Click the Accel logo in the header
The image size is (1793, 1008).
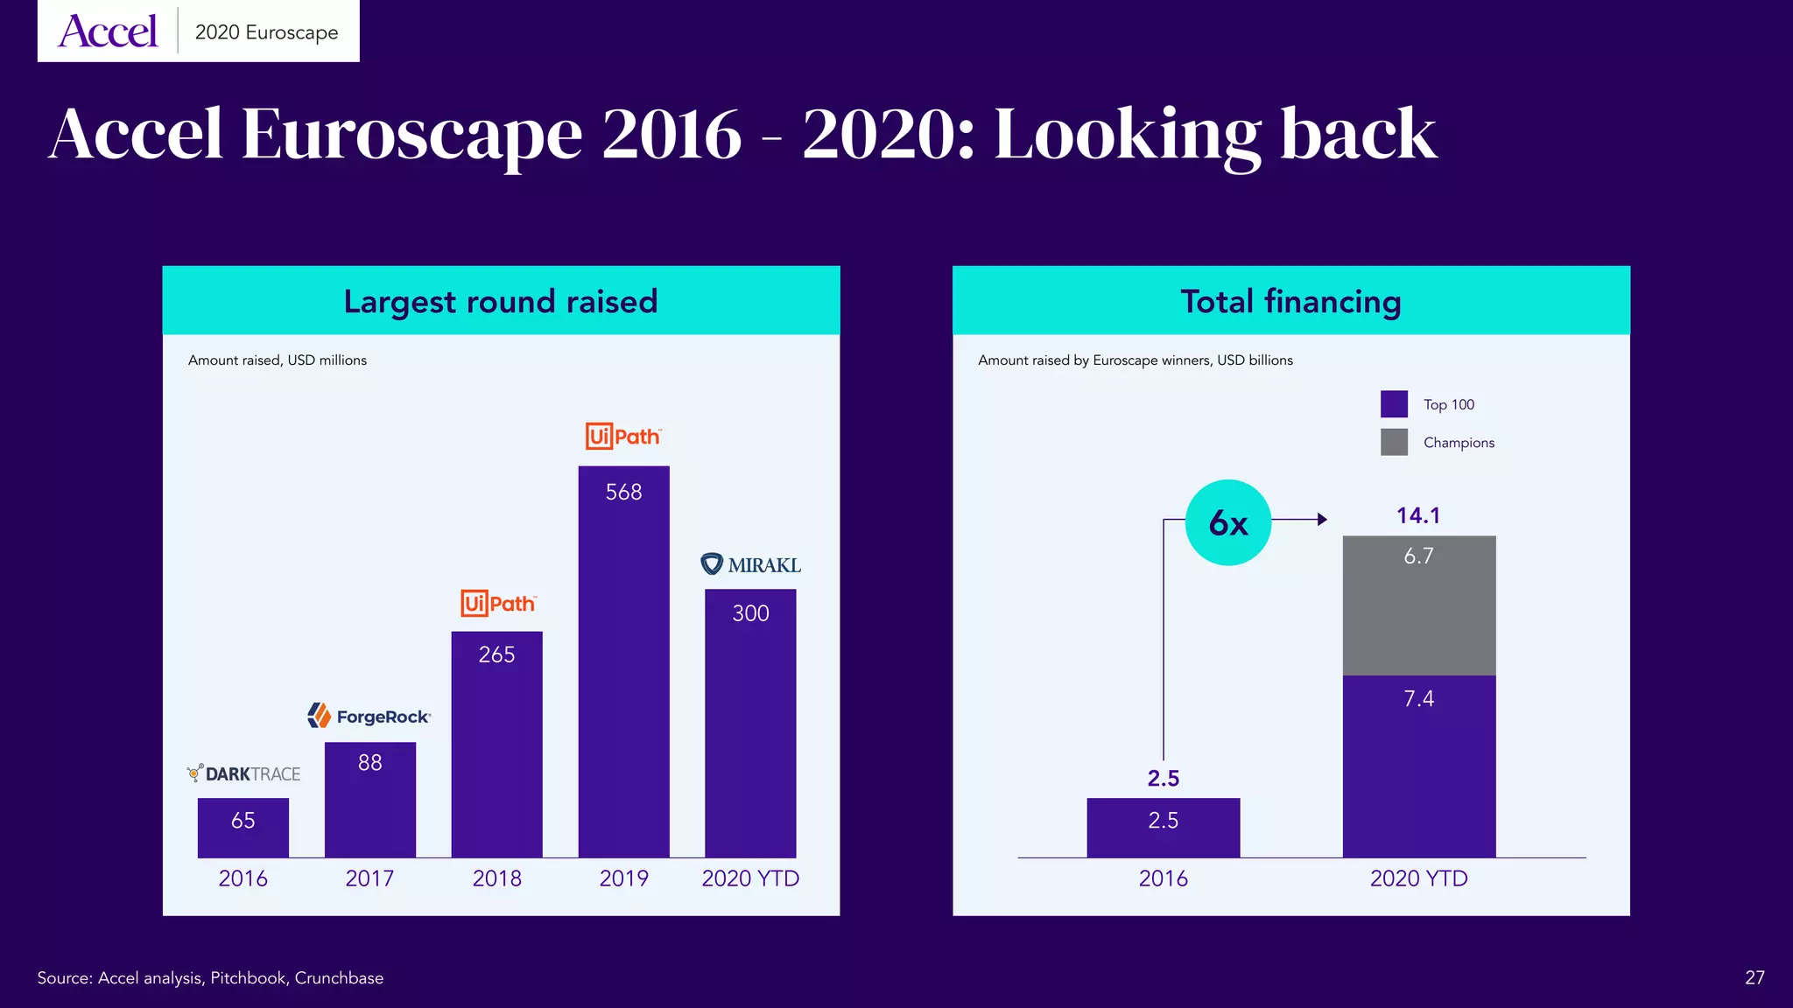tap(108, 32)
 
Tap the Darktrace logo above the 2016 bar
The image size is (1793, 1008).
tap(243, 773)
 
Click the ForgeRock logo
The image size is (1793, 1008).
tap(369, 716)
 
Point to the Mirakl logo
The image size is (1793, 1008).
tap(750, 564)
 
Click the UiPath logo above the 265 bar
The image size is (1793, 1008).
tap(497, 603)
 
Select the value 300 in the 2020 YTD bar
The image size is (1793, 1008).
tap(750, 613)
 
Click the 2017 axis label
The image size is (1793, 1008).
tap(369, 878)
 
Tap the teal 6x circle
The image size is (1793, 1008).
tap(1227, 522)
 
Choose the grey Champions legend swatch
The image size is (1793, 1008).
tap(1394, 442)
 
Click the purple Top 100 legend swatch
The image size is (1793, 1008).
tap(1394, 404)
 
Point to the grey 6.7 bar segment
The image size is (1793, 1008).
tap(1418, 605)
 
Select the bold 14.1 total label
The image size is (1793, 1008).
tap(1417, 515)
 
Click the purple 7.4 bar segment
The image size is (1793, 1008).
tap(1418, 766)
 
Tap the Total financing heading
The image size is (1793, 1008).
tap(1290, 301)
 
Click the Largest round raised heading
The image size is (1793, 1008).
tap(500, 301)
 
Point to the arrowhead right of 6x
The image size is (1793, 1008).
tap(1322, 520)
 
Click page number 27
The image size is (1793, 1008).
tap(1754, 977)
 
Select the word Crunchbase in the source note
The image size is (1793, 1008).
tap(339, 977)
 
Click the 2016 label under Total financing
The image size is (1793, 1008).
tap(1163, 878)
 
